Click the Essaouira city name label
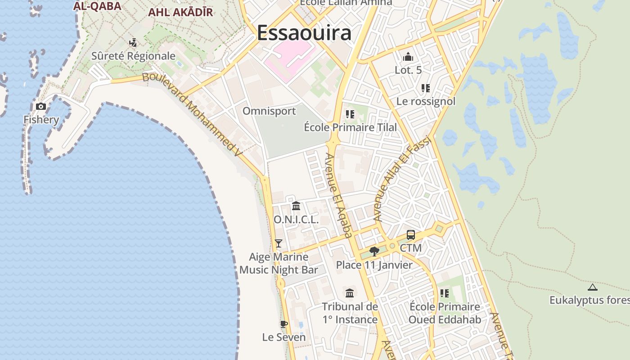pos(304,33)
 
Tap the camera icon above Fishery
pos(41,106)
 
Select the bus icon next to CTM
pos(411,234)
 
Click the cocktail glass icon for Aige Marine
pos(279,243)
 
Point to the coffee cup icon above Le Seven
pos(283,324)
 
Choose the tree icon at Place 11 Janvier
pos(374,251)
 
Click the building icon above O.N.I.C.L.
pos(296,206)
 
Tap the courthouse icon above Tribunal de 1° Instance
pos(350,293)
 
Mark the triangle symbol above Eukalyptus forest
pos(593,287)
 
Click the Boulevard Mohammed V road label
pos(193,115)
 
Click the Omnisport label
pos(269,111)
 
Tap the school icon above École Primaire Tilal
pos(350,114)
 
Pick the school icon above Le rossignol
pos(426,88)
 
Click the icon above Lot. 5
pos(408,57)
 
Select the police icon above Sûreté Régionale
pos(133,43)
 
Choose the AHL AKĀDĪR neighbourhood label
pos(180,12)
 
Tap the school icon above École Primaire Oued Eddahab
pos(445,293)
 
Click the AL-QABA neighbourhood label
pos(97,6)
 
